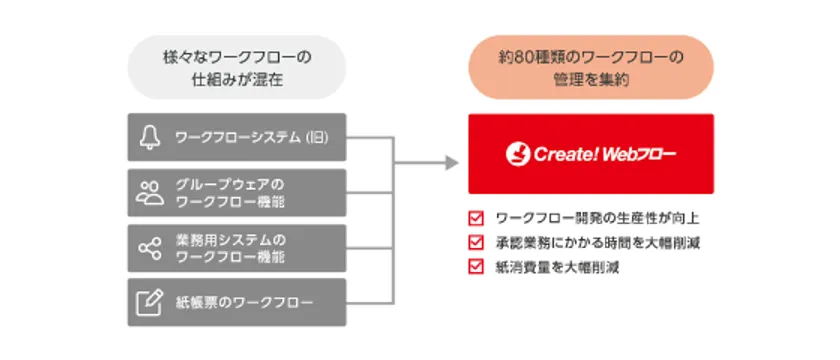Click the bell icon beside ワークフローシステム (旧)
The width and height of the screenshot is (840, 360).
click(x=149, y=138)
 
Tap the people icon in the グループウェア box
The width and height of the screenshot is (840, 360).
click(x=149, y=193)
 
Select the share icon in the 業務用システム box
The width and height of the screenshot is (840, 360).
click(x=149, y=248)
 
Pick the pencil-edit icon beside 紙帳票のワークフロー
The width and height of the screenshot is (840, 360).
click(x=149, y=303)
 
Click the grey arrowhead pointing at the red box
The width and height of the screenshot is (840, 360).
click(x=452, y=163)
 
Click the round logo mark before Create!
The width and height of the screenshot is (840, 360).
click(x=518, y=154)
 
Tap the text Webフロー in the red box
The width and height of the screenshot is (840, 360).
click(x=639, y=155)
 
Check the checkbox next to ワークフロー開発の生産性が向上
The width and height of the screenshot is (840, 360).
click(x=475, y=219)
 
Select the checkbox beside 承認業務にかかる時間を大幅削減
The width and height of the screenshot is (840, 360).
click(x=475, y=243)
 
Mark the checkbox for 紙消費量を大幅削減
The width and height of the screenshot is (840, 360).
click(x=475, y=267)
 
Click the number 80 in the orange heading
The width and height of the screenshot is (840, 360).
click(x=522, y=57)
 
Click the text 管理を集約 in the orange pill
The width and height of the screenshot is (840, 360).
click(x=591, y=80)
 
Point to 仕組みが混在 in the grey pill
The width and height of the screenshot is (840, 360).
click(x=237, y=80)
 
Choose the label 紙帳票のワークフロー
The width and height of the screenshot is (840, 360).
click(x=244, y=303)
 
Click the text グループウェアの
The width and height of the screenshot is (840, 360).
click(x=229, y=184)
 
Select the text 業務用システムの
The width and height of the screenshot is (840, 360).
click(x=231, y=239)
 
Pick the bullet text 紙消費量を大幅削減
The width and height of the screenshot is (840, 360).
click(x=558, y=267)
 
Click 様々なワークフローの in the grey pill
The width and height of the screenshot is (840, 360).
click(x=237, y=57)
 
